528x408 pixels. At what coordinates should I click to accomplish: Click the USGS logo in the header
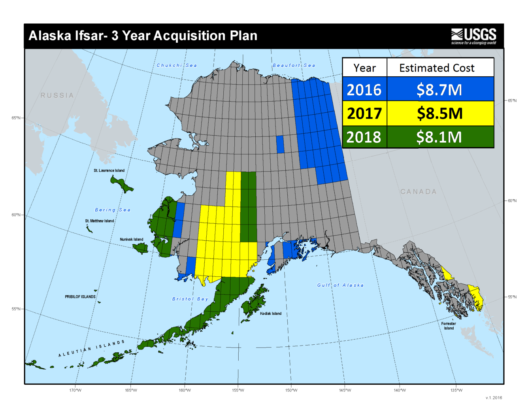click(x=473, y=36)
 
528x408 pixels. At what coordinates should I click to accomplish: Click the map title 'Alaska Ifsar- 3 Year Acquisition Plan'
click(x=143, y=36)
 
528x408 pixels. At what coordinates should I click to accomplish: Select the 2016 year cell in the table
click(x=364, y=90)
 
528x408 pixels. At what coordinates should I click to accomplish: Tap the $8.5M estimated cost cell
click(x=439, y=113)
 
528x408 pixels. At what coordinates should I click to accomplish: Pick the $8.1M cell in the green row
click(x=439, y=137)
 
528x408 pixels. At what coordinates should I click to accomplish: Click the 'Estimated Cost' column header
click(x=437, y=68)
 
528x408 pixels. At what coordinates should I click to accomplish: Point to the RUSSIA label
click(x=57, y=95)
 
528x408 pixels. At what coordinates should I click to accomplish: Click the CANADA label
click(x=419, y=192)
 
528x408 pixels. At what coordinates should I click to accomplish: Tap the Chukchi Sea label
click(x=177, y=66)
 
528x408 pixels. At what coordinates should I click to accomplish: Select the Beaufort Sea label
click(x=294, y=66)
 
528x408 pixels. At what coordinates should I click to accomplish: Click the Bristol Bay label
click(x=190, y=299)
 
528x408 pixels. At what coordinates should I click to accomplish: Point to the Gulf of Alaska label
click(x=340, y=285)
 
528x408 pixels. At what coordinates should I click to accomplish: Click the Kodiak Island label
click(x=271, y=314)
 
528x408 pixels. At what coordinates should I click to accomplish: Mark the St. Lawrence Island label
click(x=109, y=170)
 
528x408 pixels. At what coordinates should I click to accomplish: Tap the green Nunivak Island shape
click(x=141, y=248)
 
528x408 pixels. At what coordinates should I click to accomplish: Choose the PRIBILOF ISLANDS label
click(x=80, y=297)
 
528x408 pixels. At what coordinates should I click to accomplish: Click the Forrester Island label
click(x=449, y=326)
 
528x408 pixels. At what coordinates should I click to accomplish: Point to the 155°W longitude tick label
click(x=238, y=390)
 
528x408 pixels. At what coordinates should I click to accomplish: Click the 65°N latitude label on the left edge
click(x=16, y=118)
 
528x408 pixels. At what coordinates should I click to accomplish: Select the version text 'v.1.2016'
click(x=494, y=398)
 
